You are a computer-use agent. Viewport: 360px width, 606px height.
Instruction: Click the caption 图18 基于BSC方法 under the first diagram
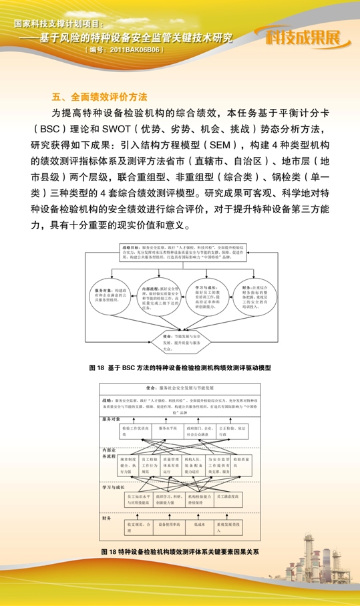pos(180,367)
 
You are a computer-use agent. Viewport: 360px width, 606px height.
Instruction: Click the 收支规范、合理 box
pos(137,528)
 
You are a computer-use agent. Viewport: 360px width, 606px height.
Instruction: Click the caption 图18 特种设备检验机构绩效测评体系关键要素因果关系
pos(180,553)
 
